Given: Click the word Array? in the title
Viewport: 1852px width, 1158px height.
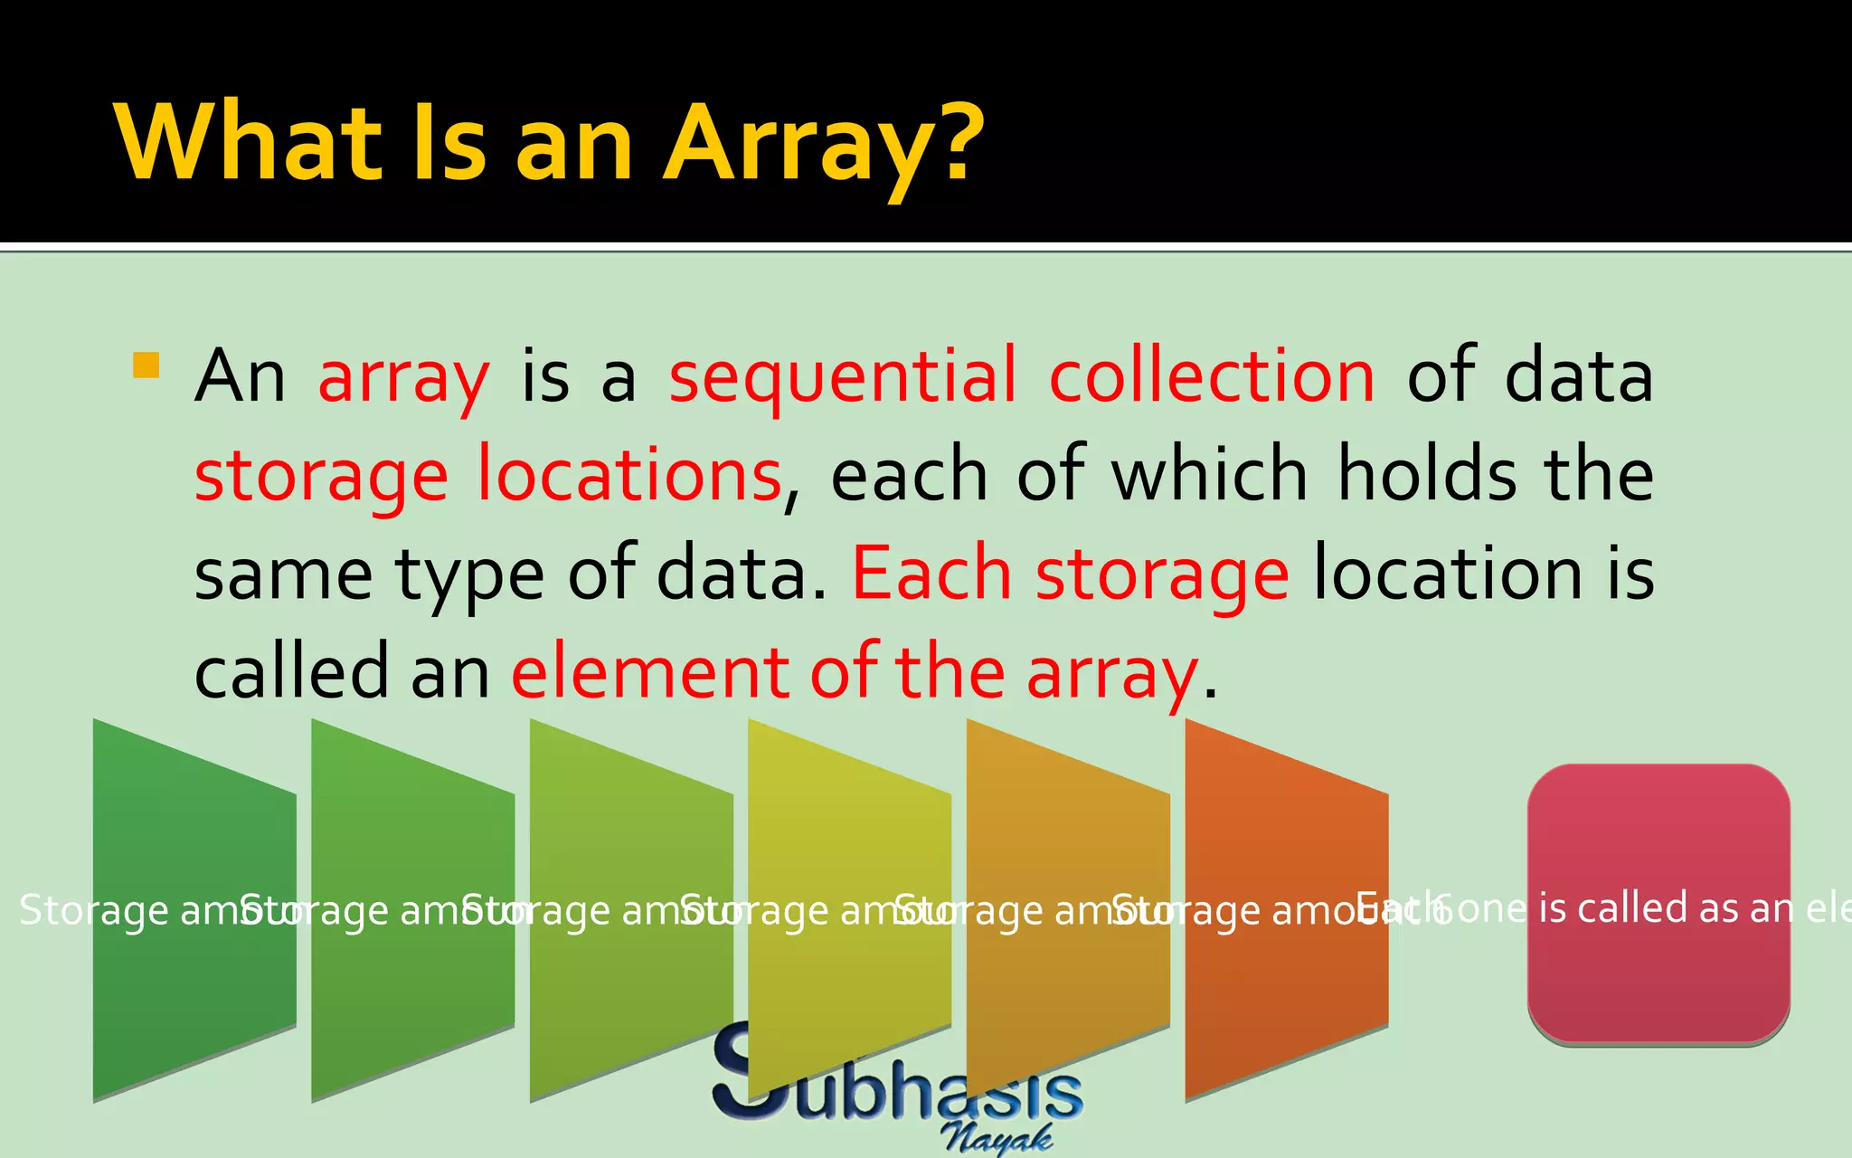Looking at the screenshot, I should tap(823, 145).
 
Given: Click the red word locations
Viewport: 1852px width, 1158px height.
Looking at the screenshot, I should tap(628, 475).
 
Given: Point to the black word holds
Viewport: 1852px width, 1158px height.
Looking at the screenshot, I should tap(1427, 475).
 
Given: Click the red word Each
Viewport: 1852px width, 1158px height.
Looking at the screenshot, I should tap(931, 574).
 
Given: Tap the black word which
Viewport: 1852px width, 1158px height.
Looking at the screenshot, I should tap(1209, 475).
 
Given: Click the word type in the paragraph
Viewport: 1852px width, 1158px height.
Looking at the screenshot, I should tap(468, 575).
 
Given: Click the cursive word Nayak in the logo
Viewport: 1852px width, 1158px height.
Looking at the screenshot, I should tap(997, 1138).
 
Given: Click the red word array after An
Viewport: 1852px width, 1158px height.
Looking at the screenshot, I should tap(403, 378).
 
